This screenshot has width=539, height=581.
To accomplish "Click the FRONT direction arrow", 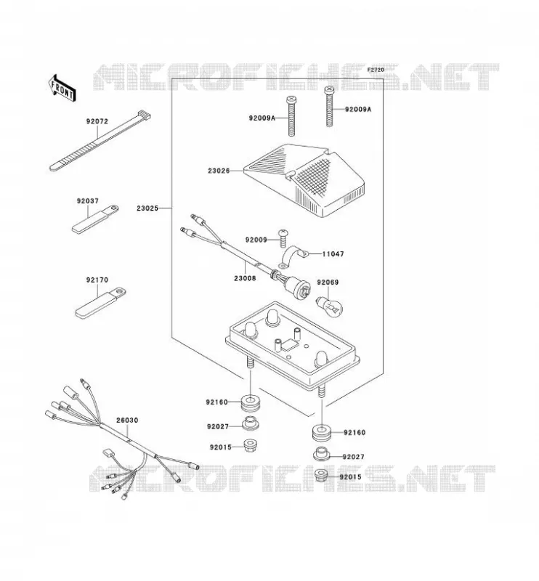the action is click(62, 88).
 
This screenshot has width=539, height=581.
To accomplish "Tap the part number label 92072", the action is click(97, 121).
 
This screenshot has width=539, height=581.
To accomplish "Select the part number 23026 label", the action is click(219, 171).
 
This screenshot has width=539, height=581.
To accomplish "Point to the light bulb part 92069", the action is click(329, 306).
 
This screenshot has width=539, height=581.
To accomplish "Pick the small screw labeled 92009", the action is click(283, 238).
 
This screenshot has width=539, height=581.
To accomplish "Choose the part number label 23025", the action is click(147, 208).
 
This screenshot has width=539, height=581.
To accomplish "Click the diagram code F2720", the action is click(376, 70).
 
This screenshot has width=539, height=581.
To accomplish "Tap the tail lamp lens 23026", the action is click(304, 179).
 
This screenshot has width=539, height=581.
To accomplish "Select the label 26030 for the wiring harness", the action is click(127, 420).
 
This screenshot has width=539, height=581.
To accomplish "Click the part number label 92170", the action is click(97, 280).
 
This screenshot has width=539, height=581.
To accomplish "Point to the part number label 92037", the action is click(88, 201).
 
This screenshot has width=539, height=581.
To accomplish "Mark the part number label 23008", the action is click(245, 278).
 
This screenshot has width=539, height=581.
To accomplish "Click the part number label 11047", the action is click(333, 254).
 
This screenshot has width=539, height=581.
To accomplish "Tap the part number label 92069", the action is click(328, 283).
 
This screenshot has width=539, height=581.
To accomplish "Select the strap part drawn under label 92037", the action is click(95, 219).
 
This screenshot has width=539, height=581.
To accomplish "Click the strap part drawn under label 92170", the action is click(101, 303).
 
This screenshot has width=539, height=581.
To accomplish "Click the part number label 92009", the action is click(256, 240).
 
